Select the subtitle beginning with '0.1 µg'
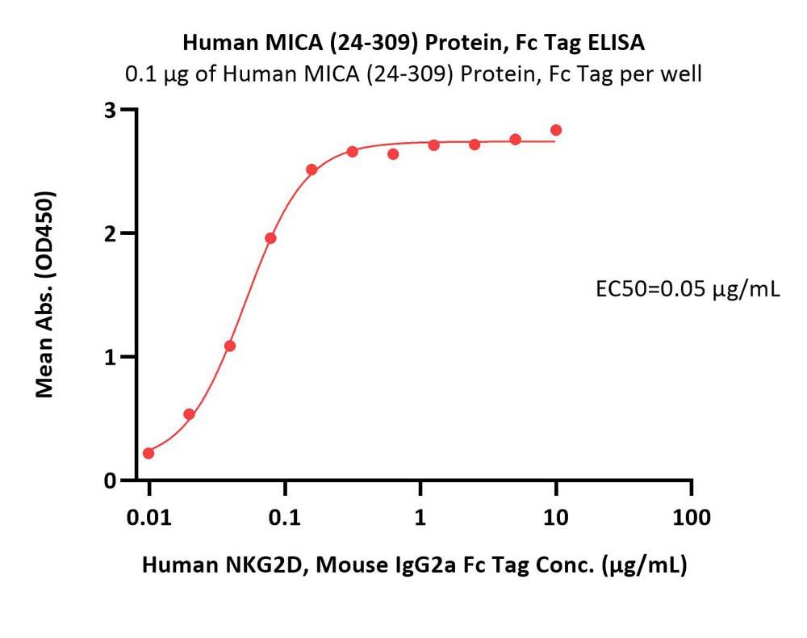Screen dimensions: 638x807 click(x=413, y=74)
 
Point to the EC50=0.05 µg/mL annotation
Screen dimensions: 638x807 click(x=687, y=289)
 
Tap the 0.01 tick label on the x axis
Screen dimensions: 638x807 click(x=148, y=517)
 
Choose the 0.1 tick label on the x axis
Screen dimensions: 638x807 click(x=285, y=517)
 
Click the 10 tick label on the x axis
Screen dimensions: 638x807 click(x=555, y=517)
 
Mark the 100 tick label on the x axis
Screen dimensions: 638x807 click(x=691, y=517)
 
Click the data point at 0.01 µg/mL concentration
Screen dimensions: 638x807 click(x=148, y=453)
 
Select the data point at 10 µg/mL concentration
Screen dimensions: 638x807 click(x=555, y=130)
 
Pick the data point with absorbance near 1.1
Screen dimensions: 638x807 click(x=230, y=346)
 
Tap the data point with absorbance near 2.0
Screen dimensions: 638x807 click(x=270, y=238)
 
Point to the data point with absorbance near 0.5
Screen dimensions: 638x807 click(x=189, y=414)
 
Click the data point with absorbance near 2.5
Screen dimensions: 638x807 click(x=312, y=170)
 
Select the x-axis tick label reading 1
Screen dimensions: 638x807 click(x=420, y=517)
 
